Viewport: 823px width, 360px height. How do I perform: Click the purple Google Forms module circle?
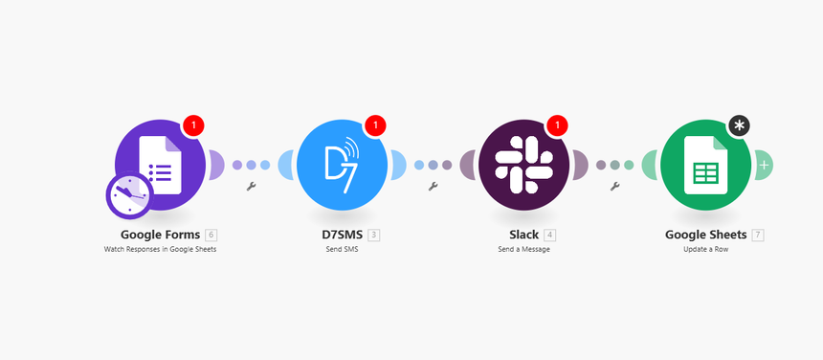[161, 165]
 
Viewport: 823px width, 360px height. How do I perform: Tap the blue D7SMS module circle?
[342, 165]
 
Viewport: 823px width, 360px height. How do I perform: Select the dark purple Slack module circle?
[523, 165]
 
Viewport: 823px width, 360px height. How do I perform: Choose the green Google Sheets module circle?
[705, 165]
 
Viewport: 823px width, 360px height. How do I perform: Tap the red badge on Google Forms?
[194, 125]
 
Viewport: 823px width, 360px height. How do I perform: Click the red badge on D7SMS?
[376, 125]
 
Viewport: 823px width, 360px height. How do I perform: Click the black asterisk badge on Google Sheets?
[739, 125]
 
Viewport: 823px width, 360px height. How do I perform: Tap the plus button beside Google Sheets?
[764, 166]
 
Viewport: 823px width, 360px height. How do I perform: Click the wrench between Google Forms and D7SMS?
[251, 187]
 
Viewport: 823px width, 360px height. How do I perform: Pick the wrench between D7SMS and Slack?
[433, 187]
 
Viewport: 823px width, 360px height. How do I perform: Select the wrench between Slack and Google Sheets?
[614, 187]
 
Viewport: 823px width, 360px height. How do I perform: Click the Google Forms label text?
[161, 235]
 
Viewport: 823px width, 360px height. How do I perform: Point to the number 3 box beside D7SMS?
[374, 235]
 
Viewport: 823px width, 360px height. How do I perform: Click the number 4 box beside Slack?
[550, 235]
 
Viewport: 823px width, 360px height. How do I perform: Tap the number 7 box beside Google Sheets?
[758, 235]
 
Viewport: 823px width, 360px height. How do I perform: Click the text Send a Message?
[523, 249]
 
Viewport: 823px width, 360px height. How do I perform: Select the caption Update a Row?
[705, 249]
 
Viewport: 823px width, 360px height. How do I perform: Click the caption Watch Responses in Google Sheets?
[161, 249]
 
